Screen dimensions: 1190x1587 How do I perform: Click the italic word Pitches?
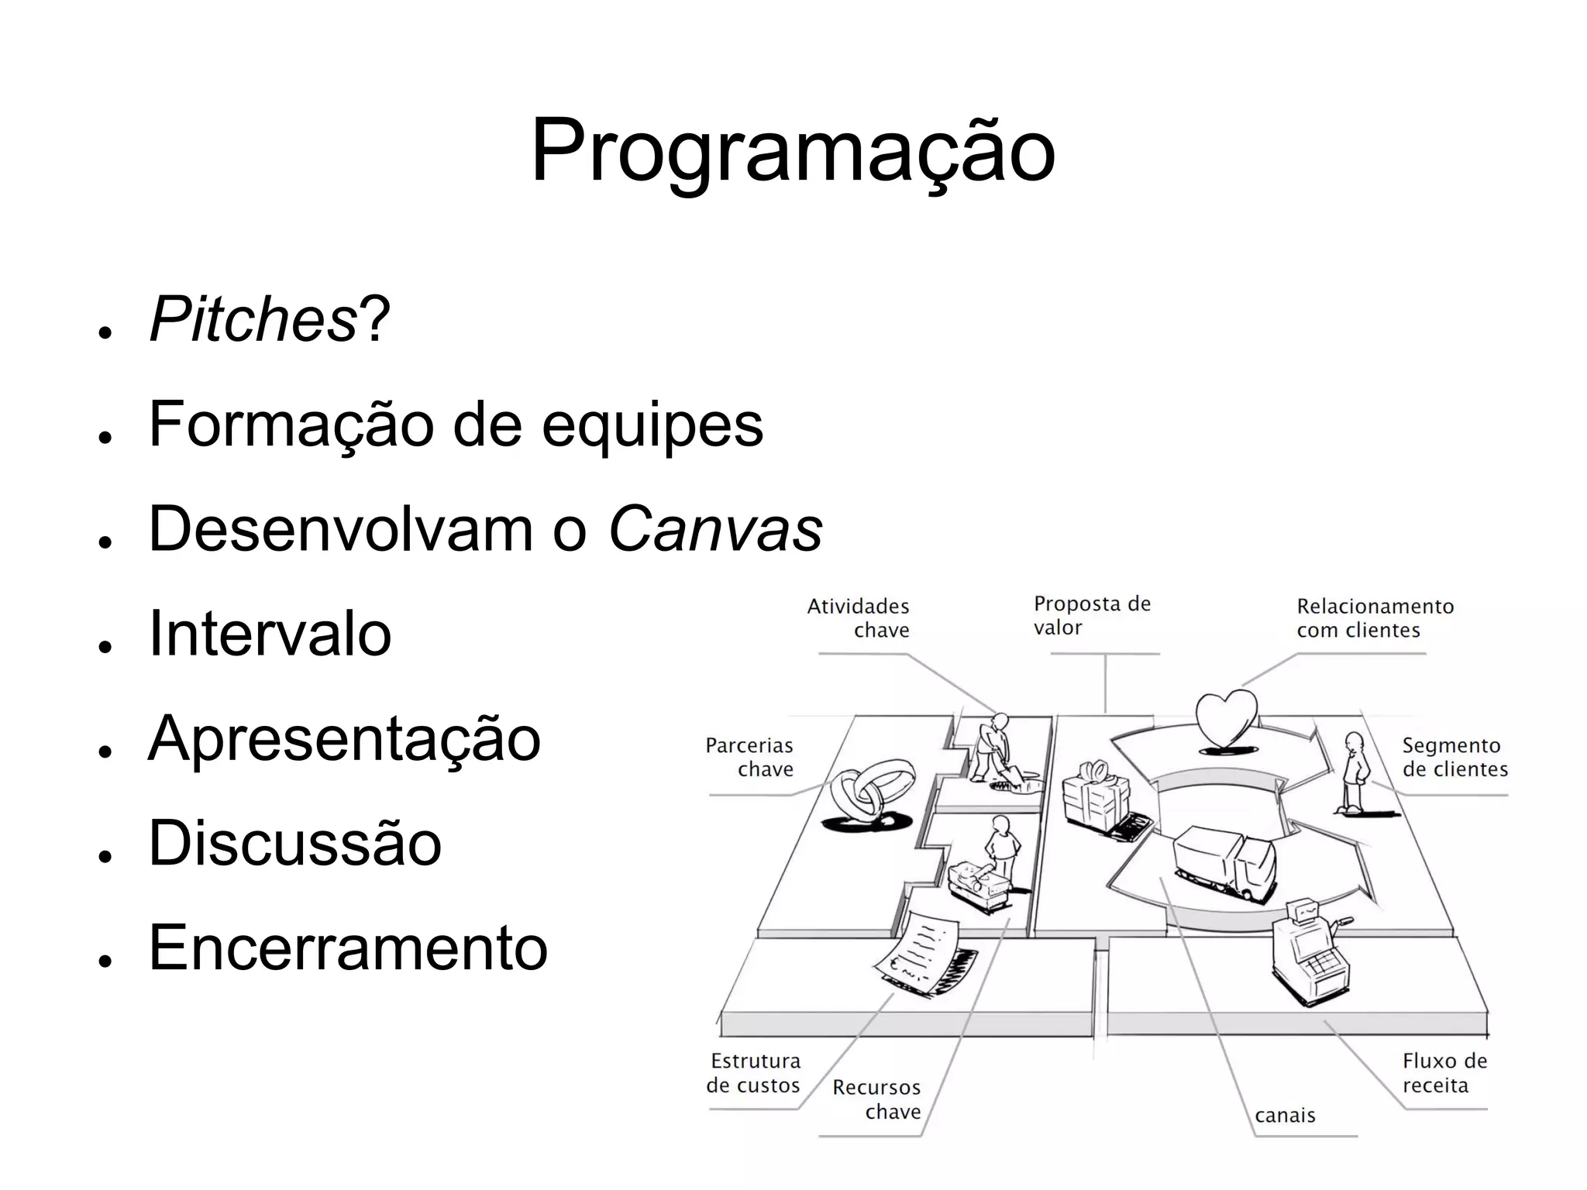click(253, 319)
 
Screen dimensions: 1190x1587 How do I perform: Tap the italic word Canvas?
click(715, 529)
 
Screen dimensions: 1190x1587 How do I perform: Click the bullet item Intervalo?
click(270, 634)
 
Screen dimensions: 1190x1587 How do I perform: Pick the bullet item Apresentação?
click(344, 738)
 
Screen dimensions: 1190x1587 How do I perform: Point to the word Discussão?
click(294, 843)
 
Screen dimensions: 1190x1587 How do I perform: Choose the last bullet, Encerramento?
click(348, 948)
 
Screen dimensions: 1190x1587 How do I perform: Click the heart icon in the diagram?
click(1226, 718)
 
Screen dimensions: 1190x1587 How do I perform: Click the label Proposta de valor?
click(1091, 615)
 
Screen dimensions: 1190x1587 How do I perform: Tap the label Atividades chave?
click(859, 617)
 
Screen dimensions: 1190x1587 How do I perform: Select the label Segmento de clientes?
click(1454, 757)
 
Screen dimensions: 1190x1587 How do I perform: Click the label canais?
click(1285, 1116)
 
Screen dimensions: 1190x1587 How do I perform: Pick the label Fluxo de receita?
click(1444, 1073)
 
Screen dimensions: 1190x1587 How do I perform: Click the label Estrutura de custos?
click(753, 1073)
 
